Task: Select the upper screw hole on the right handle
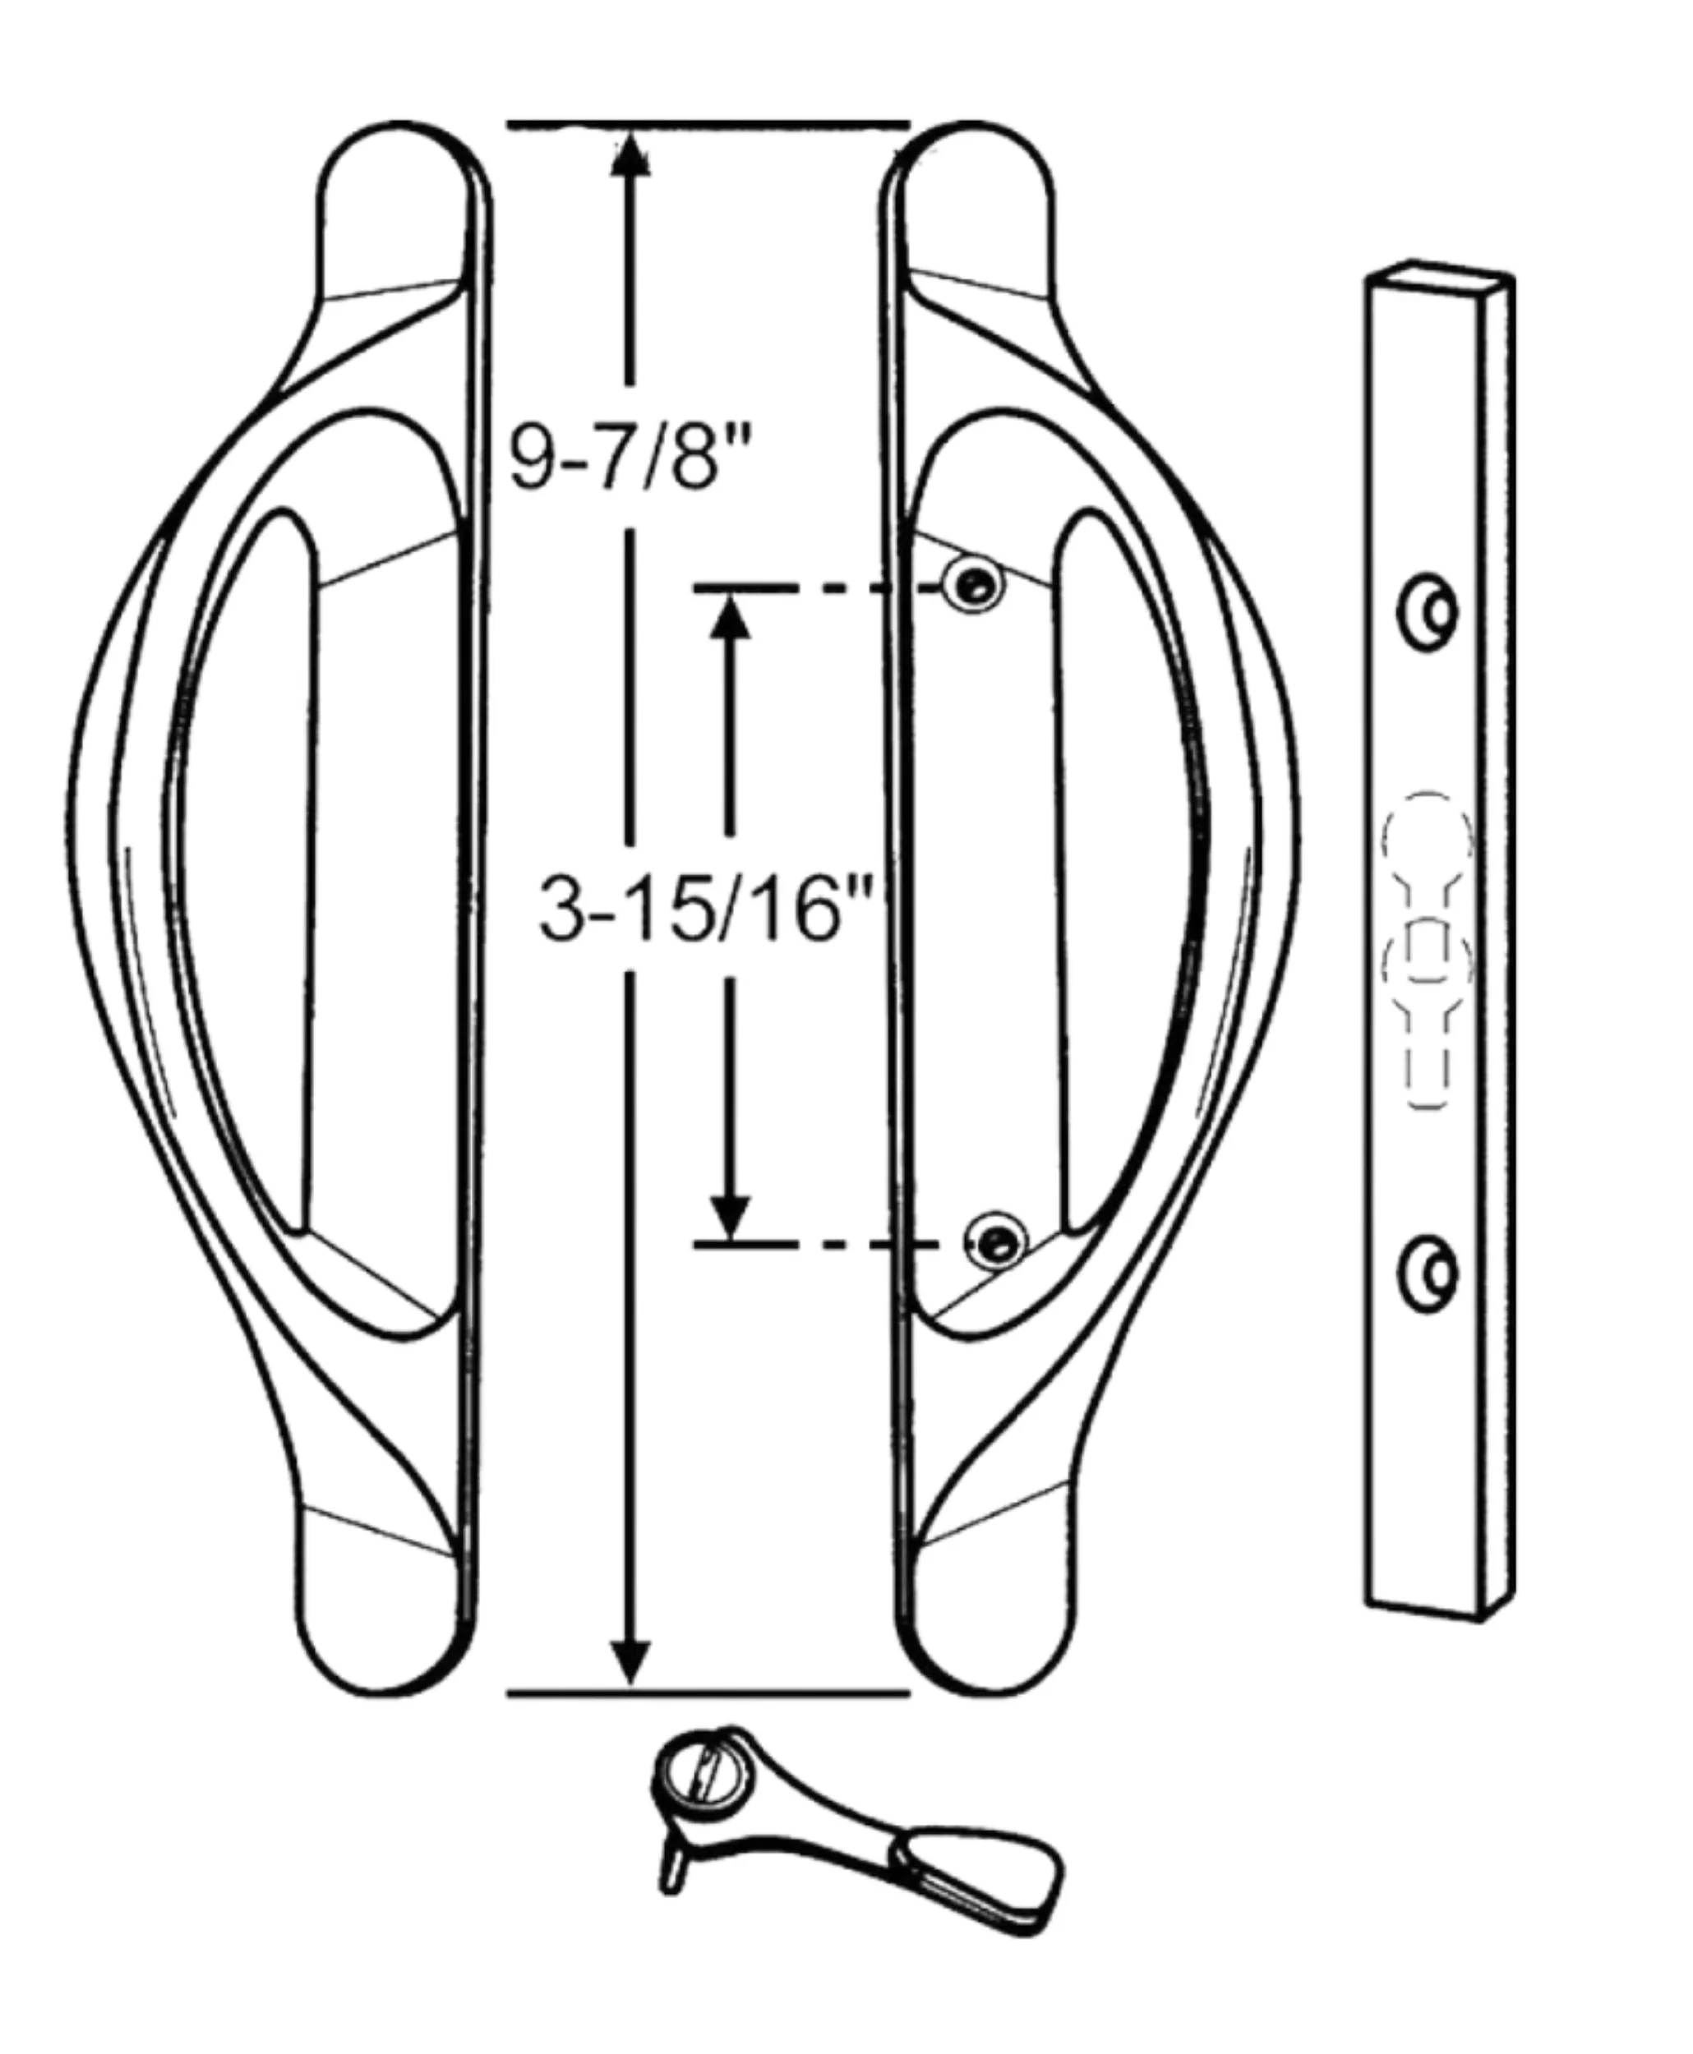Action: (x=972, y=586)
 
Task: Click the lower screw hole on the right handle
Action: (x=994, y=1241)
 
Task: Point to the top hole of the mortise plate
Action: (x=1428, y=612)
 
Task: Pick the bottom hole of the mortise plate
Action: (x=1428, y=1273)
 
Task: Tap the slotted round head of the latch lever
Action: (x=704, y=1772)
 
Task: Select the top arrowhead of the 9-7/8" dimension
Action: (x=630, y=153)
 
